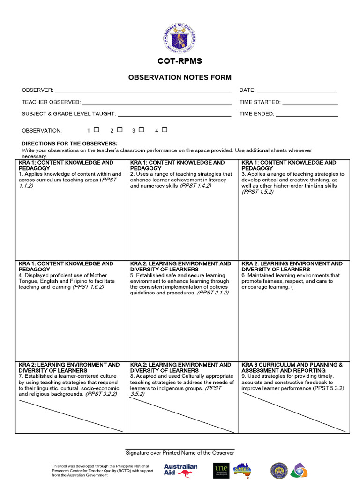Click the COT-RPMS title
click(180, 62)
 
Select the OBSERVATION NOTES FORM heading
click(180, 77)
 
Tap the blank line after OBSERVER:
click(143, 92)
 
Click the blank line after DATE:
click(297, 92)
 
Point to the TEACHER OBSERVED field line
click(157, 104)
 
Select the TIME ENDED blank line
click(307, 115)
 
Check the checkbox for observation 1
click(97, 130)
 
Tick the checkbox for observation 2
click(120, 130)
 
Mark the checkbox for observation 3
click(142, 130)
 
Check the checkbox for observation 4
click(165, 130)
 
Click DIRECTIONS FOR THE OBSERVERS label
click(70, 143)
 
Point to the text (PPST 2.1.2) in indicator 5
click(213, 293)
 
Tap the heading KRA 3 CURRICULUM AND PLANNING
click(292, 365)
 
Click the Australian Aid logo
click(180, 470)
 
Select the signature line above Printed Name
click(180, 449)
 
